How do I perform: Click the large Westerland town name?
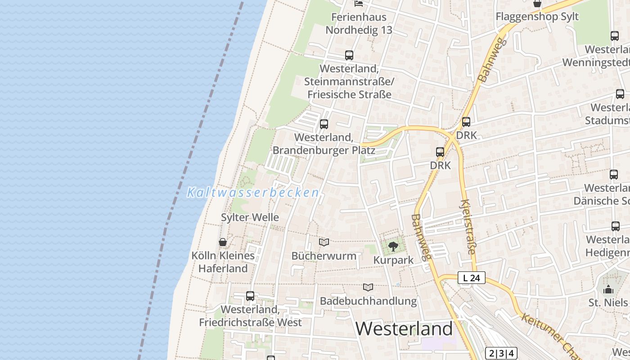coord(404,329)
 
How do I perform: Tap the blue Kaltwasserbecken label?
coord(253,193)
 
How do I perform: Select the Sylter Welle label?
coord(250,217)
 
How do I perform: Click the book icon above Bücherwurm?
coord(324,243)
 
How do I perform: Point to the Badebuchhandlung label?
coord(368,301)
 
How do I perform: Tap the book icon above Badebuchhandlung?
coord(368,288)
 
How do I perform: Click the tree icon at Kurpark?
coord(393,247)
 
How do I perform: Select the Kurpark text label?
coord(393,261)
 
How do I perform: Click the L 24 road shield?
coord(472,278)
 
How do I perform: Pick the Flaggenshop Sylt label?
coord(537,17)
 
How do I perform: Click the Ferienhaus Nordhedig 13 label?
coord(359,23)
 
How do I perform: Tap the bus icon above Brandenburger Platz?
coord(324,124)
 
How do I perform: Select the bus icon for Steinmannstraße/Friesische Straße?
coord(349,55)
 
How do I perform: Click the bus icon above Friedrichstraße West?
coord(250,296)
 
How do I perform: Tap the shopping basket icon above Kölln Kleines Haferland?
coord(223,242)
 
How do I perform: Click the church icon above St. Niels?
coord(608,289)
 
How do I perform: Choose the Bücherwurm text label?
coord(324,256)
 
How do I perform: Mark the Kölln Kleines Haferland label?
coord(223,262)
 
